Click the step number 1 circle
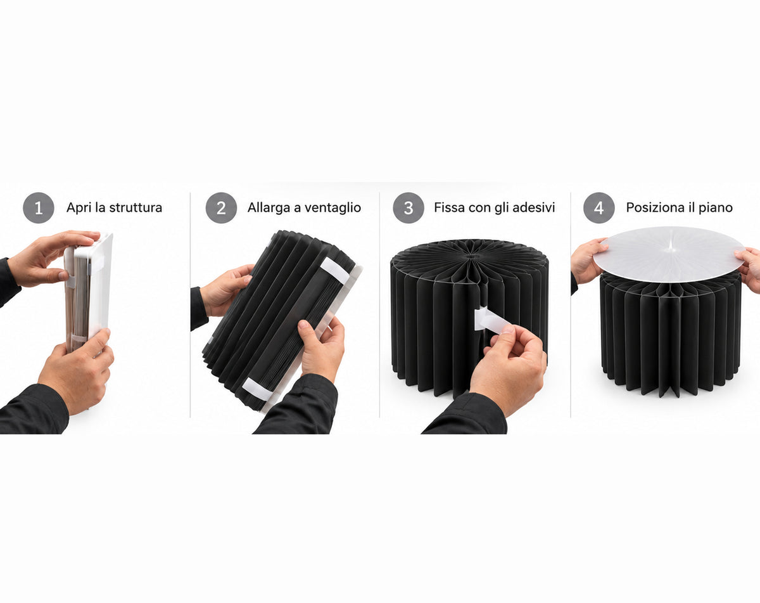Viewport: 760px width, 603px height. pyautogui.click(x=39, y=207)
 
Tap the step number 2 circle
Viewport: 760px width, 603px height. pyautogui.click(x=221, y=207)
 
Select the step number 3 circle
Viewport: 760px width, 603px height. pyautogui.click(x=408, y=207)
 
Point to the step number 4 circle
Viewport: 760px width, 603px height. pyautogui.click(x=599, y=207)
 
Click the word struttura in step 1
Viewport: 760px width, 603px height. pyautogui.click(x=136, y=207)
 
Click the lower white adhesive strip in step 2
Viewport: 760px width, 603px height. pyautogui.click(x=256, y=389)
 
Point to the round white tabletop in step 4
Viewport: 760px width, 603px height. pyautogui.click(x=669, y=254)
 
